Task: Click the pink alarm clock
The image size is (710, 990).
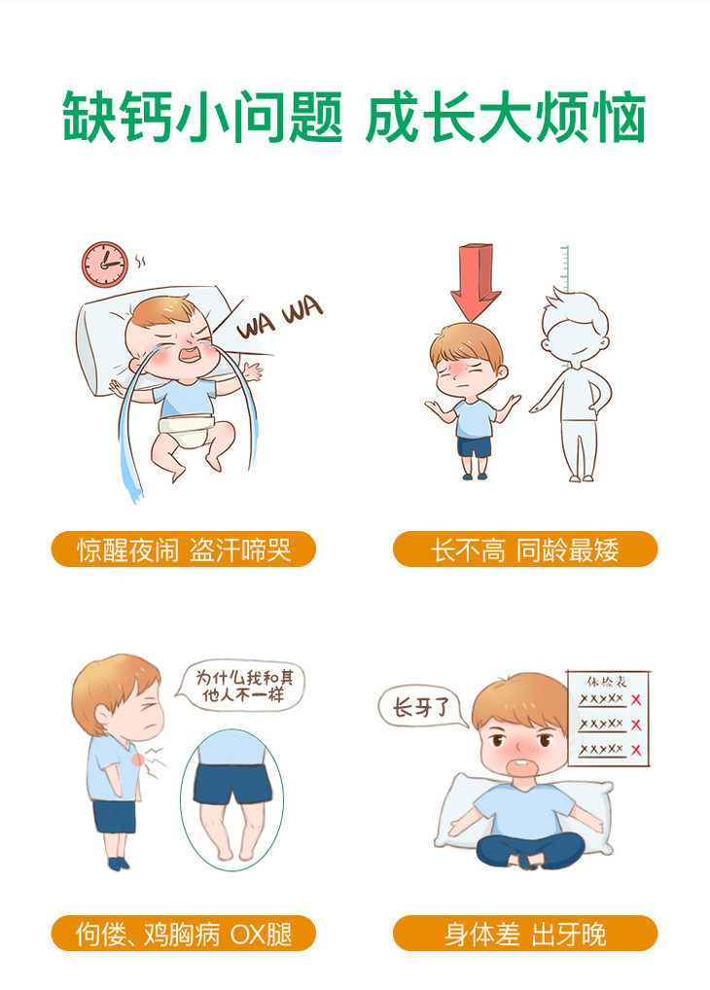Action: click(105, 265)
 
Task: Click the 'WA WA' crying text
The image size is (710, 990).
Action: click(280, 318)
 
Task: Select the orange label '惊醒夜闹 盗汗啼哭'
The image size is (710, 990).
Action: click(183, 549)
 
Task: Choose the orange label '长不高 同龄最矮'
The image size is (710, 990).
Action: click(525, 549)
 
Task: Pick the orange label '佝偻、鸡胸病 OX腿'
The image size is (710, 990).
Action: click(183, 934)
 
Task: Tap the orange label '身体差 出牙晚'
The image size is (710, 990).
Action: click(525, 934)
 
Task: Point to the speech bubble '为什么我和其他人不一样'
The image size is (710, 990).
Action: click(243, 687)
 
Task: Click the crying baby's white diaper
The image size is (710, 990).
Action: click(187, 429)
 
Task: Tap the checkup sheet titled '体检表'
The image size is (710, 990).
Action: click(608, 719)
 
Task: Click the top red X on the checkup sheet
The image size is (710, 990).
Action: click(636, 699)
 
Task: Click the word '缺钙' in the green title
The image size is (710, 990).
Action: click(118, 118)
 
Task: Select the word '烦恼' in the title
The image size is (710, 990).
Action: click(590, 118)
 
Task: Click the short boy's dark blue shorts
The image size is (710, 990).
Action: click(474, 447)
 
